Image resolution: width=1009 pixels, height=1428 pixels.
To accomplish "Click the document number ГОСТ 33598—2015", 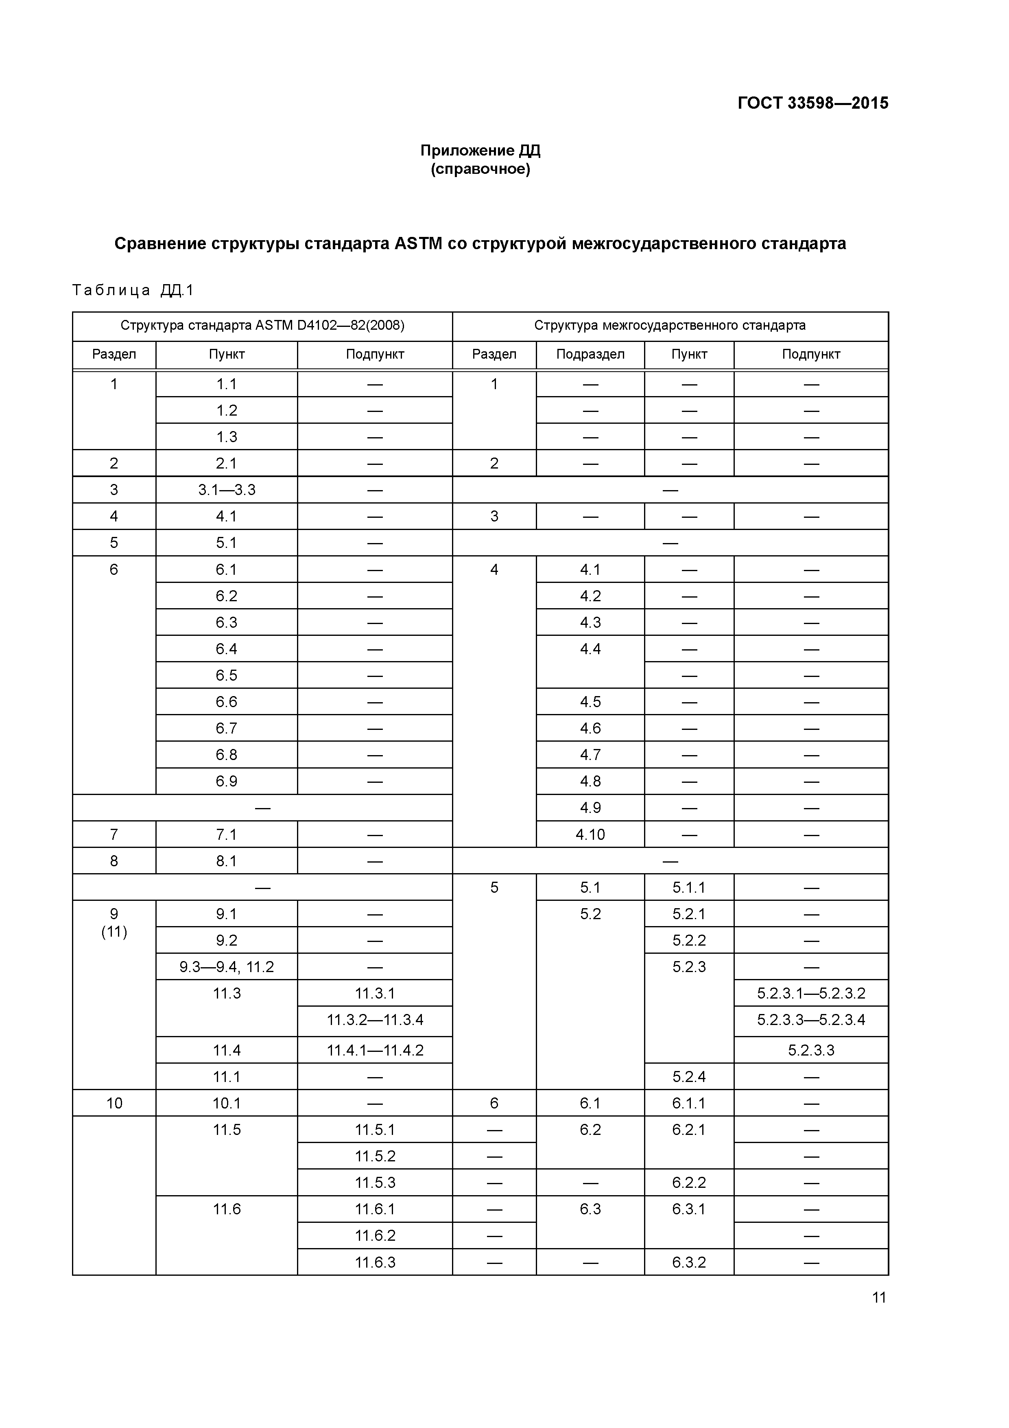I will coord(812,103).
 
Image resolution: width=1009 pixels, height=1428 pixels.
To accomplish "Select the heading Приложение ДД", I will coord(480,151).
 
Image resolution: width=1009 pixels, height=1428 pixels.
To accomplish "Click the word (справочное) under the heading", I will coord(480,169).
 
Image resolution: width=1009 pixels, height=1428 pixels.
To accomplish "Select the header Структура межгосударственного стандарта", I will coord(670,325).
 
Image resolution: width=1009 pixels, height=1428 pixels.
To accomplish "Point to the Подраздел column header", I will coord(590,355).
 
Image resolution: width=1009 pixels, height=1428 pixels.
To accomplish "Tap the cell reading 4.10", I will coord(590,834).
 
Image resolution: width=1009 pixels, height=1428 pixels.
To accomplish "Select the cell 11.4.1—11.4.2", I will coord(374,1051).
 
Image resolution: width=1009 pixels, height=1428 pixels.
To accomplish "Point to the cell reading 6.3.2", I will coord(688,1263).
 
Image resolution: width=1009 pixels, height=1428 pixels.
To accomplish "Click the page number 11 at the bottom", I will coord(878,1297).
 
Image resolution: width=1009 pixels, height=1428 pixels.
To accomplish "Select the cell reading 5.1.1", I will coord(688,887).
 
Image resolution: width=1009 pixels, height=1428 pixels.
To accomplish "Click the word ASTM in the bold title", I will coord(418,244).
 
